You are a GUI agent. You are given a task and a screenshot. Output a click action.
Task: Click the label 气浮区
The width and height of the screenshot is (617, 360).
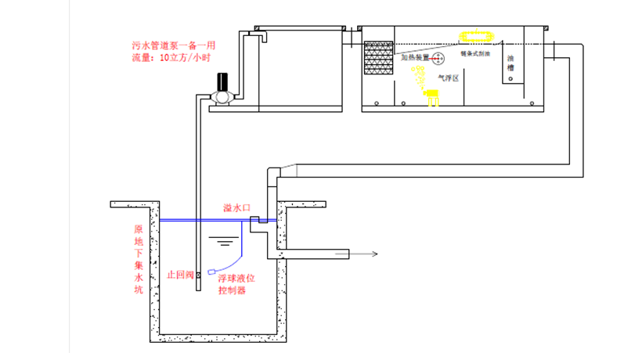[448, 78]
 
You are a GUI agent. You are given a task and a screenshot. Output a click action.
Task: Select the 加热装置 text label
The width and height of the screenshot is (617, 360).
[414, 58]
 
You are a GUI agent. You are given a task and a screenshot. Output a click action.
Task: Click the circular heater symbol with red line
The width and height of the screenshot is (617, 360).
[439, 58]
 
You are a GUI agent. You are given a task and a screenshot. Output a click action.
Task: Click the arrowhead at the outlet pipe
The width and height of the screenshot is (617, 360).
[375, 254]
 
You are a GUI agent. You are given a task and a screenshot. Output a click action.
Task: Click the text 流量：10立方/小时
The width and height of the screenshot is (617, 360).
[173, 58]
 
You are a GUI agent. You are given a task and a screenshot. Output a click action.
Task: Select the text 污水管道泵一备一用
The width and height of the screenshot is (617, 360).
[173, 45]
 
